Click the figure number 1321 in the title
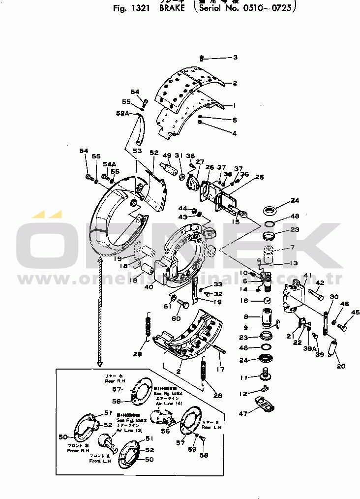pos(138,8)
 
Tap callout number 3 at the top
pos(235,58)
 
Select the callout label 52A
pos(123,113)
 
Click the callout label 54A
pos(109,164)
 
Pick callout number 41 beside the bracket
pos(308,276)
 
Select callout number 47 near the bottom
pos(243,414)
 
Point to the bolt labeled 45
pos(343,325)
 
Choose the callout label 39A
pos(309,348)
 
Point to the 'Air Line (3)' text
pos(129,430)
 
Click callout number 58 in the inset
pos(204,455)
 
